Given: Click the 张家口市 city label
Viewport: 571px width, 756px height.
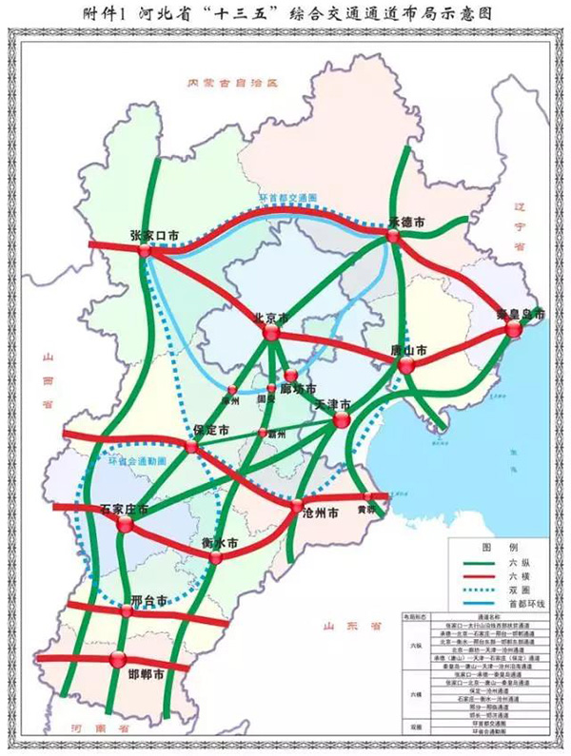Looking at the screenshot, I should click(153, 235).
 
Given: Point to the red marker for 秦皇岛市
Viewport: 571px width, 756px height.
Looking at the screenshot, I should click(514, 329).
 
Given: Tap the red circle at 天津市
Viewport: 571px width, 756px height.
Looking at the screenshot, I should click(342, 420).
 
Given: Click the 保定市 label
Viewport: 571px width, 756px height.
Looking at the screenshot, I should click(211, 431).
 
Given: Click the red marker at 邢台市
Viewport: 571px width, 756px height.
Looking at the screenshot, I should click(127, 611).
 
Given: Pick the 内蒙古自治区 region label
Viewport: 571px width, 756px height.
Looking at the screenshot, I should click(236, 84).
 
